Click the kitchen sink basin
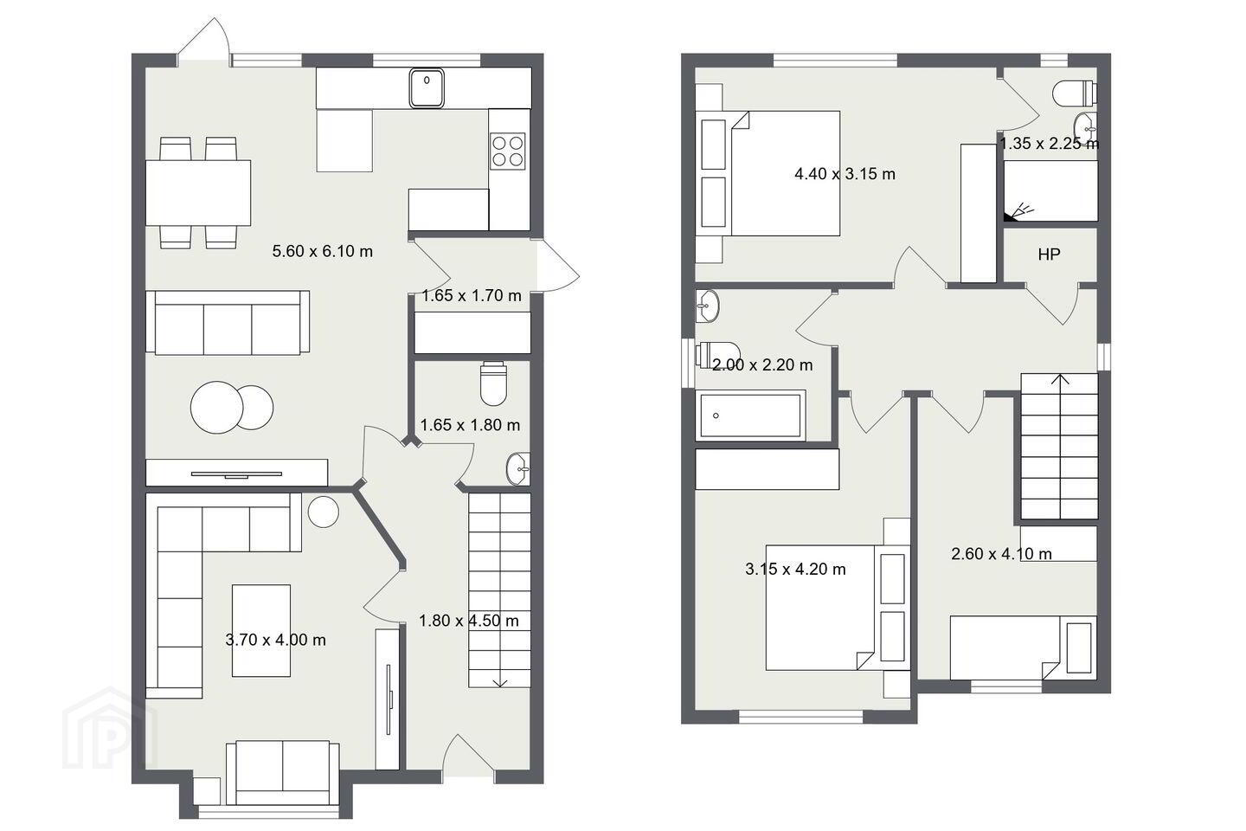[x=427, y=88]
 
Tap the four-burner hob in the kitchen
[x=508, y=151]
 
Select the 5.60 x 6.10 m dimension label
[x=323, y=252]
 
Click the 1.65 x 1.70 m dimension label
[x=472, y=295]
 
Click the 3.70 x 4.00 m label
[x=276, y=640]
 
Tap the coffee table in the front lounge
[x=261, y=631]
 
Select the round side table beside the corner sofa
[x=324, y=512]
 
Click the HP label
[x=1049, y=254]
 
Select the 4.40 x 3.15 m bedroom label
[x=845, y=174]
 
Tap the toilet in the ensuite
[x=1074, y=93]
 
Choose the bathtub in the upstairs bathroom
[x=750, y=415]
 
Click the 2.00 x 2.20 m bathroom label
[x=762, y=365]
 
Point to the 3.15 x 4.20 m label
[x=795, y=570]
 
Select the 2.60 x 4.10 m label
[x=1002, y=554]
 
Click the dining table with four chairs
[x=198, y=192]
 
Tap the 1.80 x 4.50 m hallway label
[x=469, y=621]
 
